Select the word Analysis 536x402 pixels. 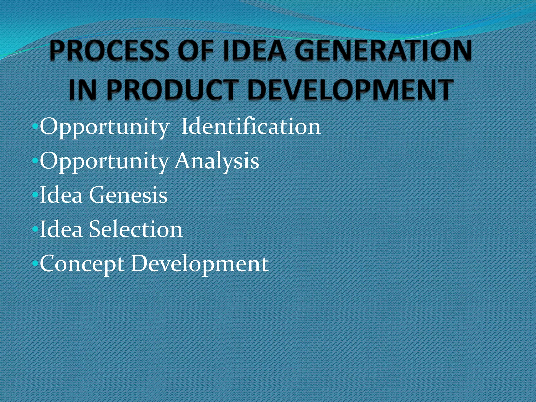217,161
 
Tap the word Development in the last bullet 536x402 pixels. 200,264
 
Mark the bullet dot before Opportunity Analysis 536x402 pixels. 35,161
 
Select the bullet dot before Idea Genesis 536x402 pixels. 35,195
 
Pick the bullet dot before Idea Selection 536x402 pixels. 35,229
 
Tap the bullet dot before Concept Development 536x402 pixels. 35,264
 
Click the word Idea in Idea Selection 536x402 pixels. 61,229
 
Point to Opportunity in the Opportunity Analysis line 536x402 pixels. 104,161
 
